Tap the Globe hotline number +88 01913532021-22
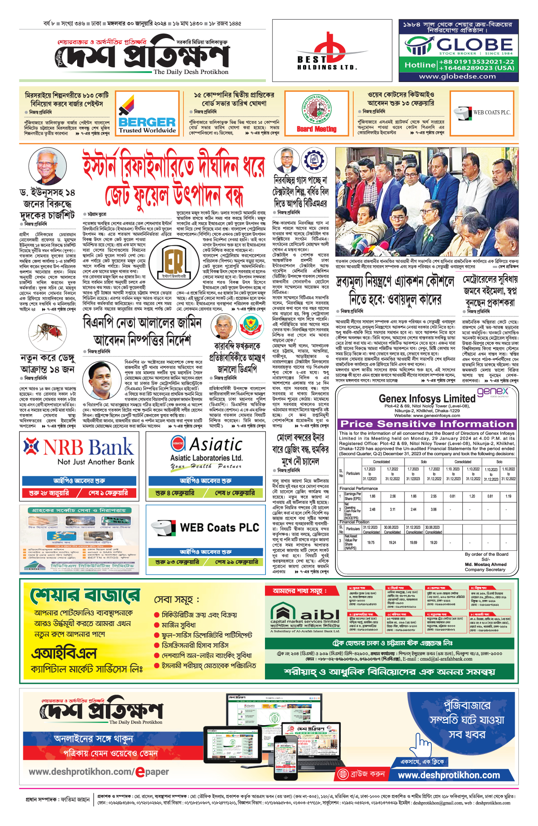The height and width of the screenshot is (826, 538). pyautogui.click(x=477, y=61)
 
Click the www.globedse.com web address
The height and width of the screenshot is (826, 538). pyautogui.click(x=457, y=76)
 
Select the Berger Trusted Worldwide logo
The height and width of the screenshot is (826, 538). pyautogui.click(x=147, y=114)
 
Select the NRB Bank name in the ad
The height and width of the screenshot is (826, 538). pyautogui.click(x=88, y=447)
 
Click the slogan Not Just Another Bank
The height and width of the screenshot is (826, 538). pyautogui.click(x=96, y=462)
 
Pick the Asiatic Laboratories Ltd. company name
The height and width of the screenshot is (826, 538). pyautogui.click(x=206, y=458)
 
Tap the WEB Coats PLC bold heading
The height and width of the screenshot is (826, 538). pyautogui.click(x=219, y=528)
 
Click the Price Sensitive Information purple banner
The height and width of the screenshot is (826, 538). pyautogui.click(x=427, y=424)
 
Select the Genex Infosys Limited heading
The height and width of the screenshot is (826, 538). pyautogui.click(x=427, y=398)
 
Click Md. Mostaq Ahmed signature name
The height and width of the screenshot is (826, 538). pyautogui.click(x=486, y=564)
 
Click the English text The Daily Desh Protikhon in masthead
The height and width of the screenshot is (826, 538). pyautogui.click(x=191, y=72)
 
